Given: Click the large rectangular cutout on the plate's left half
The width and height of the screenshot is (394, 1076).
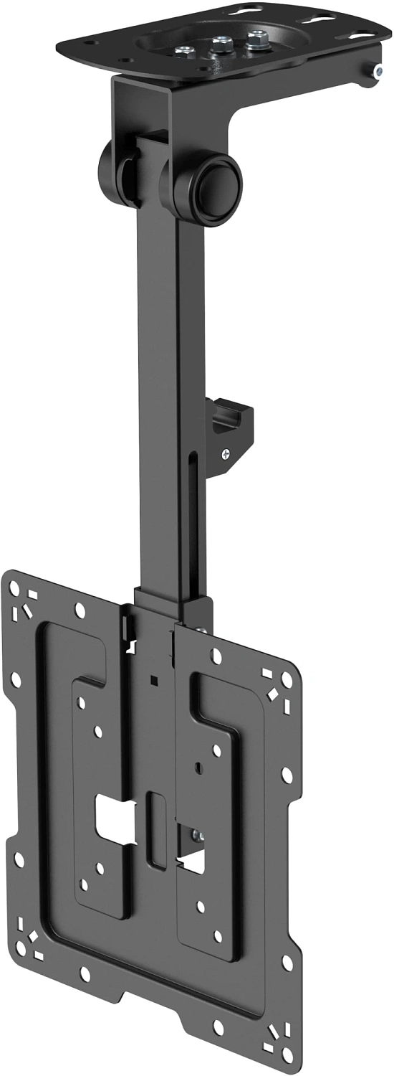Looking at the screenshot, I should tap(115, 818).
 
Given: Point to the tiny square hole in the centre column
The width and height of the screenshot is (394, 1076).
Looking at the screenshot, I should tap(153, 679).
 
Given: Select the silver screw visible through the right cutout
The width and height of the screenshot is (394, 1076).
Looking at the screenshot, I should tap(196, 836).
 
